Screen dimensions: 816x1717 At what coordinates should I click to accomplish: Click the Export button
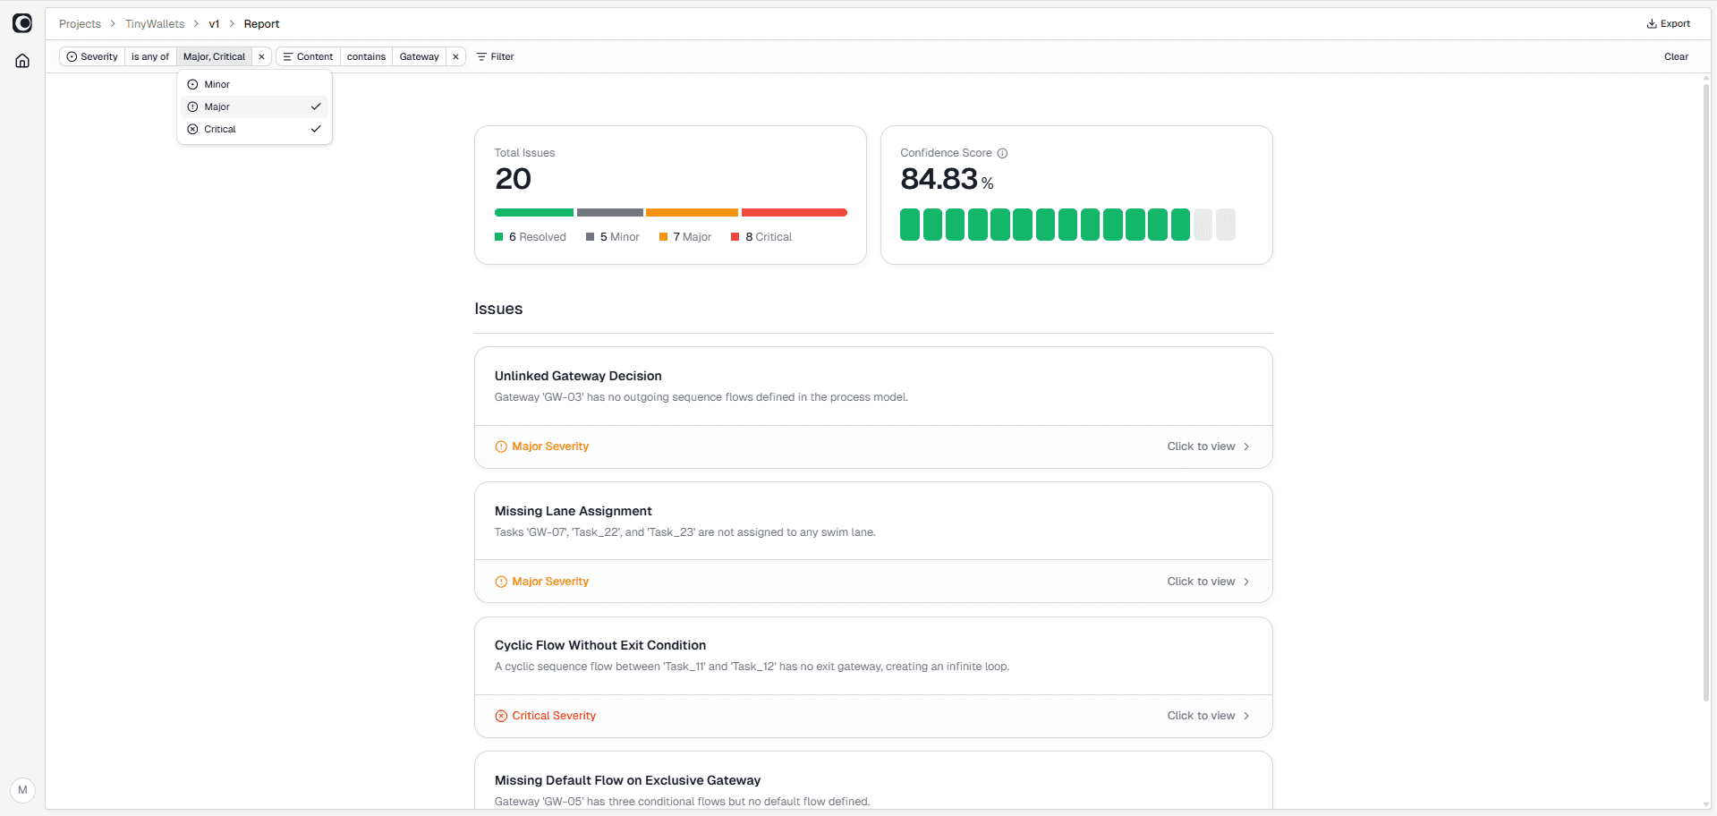[1669, 24]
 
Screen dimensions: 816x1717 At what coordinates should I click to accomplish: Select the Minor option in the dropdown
[217, 84]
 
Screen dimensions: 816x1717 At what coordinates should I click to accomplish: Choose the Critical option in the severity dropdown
[220, 129]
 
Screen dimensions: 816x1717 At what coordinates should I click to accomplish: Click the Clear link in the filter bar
[1676, 56]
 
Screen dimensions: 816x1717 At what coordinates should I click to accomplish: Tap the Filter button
[496, 56]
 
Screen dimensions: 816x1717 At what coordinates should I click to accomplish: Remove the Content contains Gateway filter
[455, 56]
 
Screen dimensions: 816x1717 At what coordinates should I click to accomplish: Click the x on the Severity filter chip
[261, 56]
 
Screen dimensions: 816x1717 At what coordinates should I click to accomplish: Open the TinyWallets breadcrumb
[155, 24]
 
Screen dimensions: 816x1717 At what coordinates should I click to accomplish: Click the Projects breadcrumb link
[80, 24]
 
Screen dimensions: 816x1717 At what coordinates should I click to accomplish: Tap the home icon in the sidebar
[22, 61]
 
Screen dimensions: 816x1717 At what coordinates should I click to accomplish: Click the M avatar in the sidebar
[22, 790]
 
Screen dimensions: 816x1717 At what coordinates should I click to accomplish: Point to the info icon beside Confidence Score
[1002, 153]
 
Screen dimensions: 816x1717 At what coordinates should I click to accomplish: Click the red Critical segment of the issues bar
[794, 213]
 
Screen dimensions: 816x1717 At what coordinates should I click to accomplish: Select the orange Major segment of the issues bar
[692, 213]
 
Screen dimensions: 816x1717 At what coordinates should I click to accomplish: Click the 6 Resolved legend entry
[531, 237]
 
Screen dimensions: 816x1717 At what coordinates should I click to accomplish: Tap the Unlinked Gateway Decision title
[578, 376]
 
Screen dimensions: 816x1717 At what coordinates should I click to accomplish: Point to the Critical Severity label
[553, 716]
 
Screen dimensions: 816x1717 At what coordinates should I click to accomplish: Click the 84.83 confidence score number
[939, 179]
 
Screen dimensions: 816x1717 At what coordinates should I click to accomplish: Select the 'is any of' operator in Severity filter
[150, 56]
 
